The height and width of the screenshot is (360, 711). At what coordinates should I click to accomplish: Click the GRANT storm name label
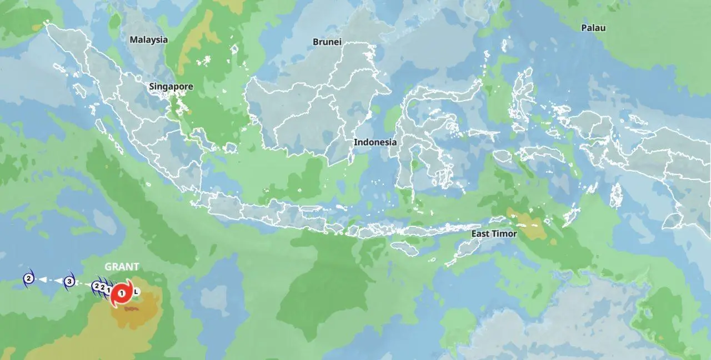[x=122, y=267]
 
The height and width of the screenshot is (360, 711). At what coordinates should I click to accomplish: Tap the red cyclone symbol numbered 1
[x=122, y=293]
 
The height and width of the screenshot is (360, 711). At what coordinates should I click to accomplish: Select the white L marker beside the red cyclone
[x=136, y=291]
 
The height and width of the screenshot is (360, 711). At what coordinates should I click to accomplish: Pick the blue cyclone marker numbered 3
[x=69, y=281]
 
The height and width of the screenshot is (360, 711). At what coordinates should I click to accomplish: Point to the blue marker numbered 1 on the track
[x=109, y=289]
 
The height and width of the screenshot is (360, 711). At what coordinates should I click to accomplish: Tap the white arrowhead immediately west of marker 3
[x=57, y=281]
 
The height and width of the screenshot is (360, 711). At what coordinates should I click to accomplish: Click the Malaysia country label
[x=148, y=39]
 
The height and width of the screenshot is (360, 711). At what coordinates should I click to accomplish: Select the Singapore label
[x=171, y=87]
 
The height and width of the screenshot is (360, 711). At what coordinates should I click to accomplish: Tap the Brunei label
[x=327, y=42]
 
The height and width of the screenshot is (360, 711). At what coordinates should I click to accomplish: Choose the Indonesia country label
[x=375, y=142]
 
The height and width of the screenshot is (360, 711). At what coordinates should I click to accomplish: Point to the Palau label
[x=593, y=28]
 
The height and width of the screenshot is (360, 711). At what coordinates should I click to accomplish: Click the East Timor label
[x=494, y=234]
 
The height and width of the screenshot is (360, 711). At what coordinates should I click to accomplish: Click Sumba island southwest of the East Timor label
[x=404, y=248]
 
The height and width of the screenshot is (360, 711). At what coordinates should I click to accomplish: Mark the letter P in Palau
[x=584, y=28]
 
